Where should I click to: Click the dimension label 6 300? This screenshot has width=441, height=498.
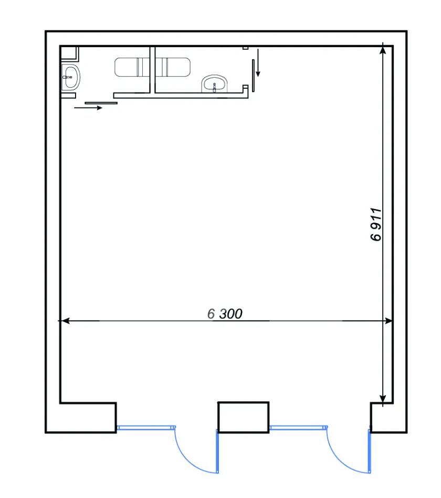225,314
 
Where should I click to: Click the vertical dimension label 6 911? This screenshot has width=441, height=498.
376,225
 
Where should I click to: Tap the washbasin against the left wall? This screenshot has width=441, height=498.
70,78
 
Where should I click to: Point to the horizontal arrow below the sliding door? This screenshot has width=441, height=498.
88,108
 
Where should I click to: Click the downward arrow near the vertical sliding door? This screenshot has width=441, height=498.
258,62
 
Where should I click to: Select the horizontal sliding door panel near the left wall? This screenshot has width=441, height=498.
101,103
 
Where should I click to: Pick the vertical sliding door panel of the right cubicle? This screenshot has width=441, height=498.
253,76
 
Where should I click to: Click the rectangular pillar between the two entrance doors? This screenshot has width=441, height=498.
243,417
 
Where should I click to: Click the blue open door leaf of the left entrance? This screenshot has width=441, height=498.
217,451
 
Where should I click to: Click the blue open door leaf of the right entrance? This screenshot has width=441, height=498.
370,451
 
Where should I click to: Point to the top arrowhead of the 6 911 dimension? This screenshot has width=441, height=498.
383,49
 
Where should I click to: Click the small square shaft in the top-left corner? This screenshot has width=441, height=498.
69,52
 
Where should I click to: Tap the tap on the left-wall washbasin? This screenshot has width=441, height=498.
67,77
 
